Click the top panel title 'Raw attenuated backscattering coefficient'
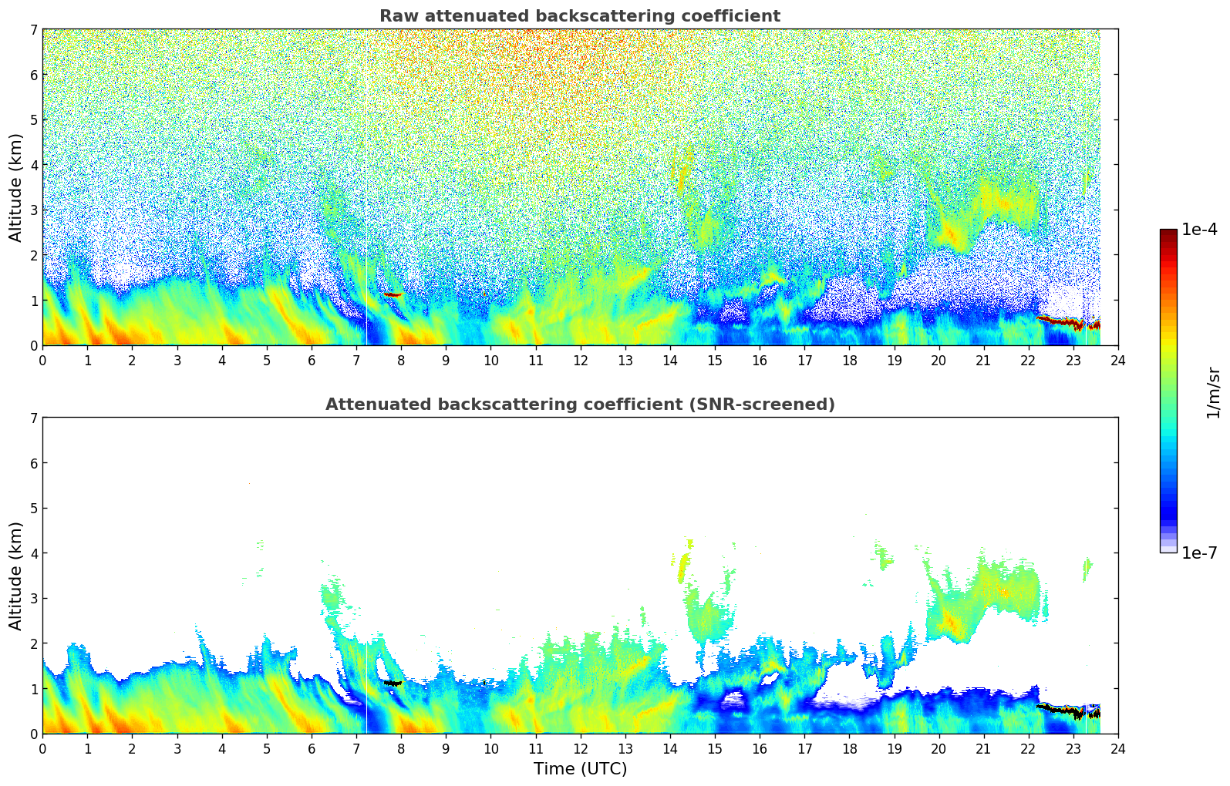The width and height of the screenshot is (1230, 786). pos(579,16)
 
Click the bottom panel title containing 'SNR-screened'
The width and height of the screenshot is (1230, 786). pos(579,405)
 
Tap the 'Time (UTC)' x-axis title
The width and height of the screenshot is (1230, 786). pos(580,768)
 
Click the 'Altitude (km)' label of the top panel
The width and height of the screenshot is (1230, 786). pos(16,187)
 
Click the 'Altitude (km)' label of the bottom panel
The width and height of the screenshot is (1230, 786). pos(16,576)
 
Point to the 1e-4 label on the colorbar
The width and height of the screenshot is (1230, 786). pos(1199,230)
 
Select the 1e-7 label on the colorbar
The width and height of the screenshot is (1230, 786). pos(1199,553)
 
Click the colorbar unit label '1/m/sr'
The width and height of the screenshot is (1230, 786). pos(1213,392)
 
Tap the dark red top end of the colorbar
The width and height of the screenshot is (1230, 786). pos(1168,233)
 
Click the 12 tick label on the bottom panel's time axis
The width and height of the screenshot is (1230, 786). pos(580,748)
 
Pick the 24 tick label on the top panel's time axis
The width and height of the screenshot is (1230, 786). pos(1117,360)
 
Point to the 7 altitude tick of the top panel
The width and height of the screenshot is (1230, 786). pos(34,30)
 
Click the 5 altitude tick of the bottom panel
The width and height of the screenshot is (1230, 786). pos(34,509)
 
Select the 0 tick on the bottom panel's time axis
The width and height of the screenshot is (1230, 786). pos(42,748)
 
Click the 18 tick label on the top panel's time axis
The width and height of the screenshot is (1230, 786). pos(849,360)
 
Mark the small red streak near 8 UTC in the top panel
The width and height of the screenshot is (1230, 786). pos(393,294)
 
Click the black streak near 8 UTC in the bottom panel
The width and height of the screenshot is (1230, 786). pos(393,683)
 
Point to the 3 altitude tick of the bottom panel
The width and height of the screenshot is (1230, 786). pos(34,599)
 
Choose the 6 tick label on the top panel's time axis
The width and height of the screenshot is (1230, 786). pos(312,360)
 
